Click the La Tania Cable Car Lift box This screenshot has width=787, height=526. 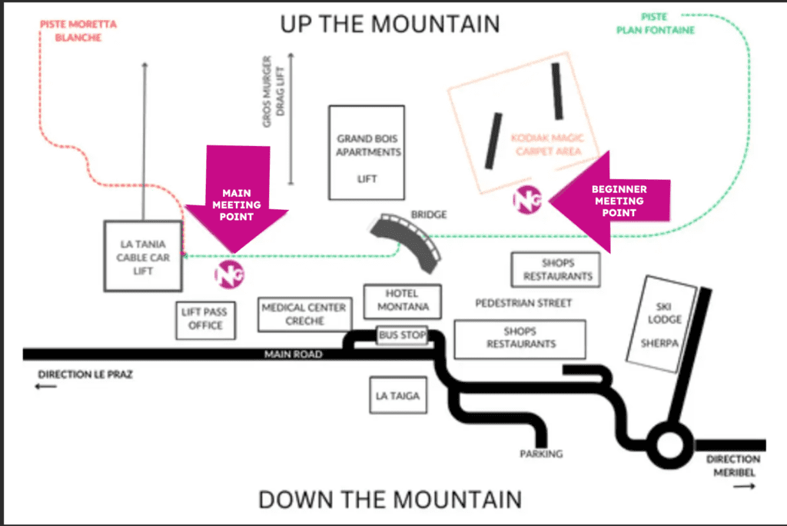tap(143, 256)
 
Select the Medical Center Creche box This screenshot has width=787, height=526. tap(304, 315)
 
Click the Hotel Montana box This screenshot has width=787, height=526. tap(402, 301)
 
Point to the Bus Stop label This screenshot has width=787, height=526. tap(402, 336)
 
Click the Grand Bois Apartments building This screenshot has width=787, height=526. tap(367, 151)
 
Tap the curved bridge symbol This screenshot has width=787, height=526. tap(407, 242)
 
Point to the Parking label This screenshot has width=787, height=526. tap(541, 454)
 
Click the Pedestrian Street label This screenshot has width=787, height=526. tap(523, 303)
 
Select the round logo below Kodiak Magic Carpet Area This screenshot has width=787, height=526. tap(528, 199)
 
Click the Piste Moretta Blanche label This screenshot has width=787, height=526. tap(78, 30)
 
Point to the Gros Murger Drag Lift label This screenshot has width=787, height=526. tap(273, 91)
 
